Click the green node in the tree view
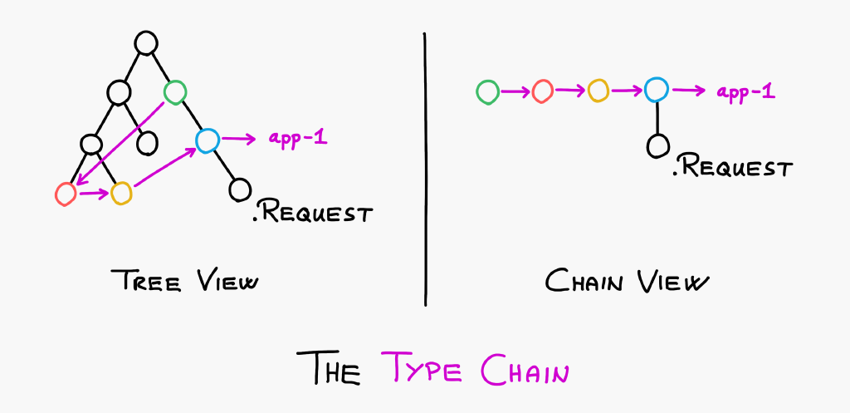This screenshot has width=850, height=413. coord(175,93)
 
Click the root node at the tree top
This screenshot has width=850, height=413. coord(145,43)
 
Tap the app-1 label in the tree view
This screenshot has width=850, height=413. coord(298,139)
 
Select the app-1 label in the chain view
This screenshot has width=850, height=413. coord(746,91)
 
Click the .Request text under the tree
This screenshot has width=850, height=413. coord(312,214)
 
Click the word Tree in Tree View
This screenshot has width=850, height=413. coord(144,281)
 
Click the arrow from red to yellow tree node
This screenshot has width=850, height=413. coord(93,193)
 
